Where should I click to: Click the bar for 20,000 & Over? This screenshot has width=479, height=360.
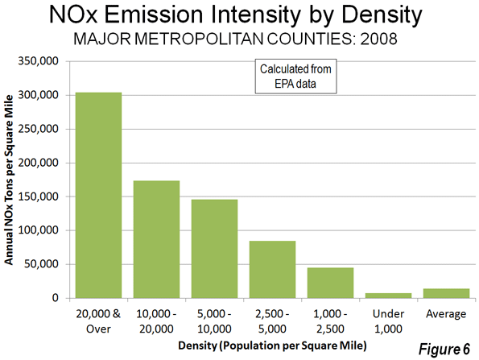click(x=98, y=195)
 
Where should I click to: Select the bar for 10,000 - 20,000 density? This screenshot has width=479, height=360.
click(x=156, y=239)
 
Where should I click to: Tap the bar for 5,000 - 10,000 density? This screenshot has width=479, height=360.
click(x=214, y=249)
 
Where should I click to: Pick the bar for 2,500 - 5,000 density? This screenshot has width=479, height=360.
click(x=272, y=270)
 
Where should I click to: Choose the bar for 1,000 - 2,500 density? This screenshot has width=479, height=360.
click(x=331, y=283)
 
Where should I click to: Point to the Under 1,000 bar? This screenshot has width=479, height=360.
click(x=389, y=296)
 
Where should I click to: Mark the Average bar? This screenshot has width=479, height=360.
click(x=446, y=293)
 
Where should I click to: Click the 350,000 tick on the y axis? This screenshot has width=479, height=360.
click(x=38, y=61)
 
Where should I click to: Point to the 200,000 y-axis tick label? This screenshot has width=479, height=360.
click(x=38, y=163)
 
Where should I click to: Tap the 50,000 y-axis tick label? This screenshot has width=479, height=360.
click(x=41, y=263)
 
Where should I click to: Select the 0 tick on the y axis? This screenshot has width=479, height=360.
click(x=56, y=298)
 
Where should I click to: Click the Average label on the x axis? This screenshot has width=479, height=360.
click(x=446, y=314)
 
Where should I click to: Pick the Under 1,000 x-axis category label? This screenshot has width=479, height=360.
click(x=389, y=321)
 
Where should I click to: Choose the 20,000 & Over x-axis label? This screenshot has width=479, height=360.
click(x=98, y=321)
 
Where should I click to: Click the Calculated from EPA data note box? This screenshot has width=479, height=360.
click(x=295, y=76)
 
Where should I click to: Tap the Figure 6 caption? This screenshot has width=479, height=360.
click(x=444, y=349)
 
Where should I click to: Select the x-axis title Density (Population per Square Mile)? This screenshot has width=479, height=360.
click(x=272, y=346)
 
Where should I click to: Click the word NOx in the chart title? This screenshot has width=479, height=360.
click(x=73, y=14)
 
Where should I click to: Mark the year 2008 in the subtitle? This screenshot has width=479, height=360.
click(x=378, y=39)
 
